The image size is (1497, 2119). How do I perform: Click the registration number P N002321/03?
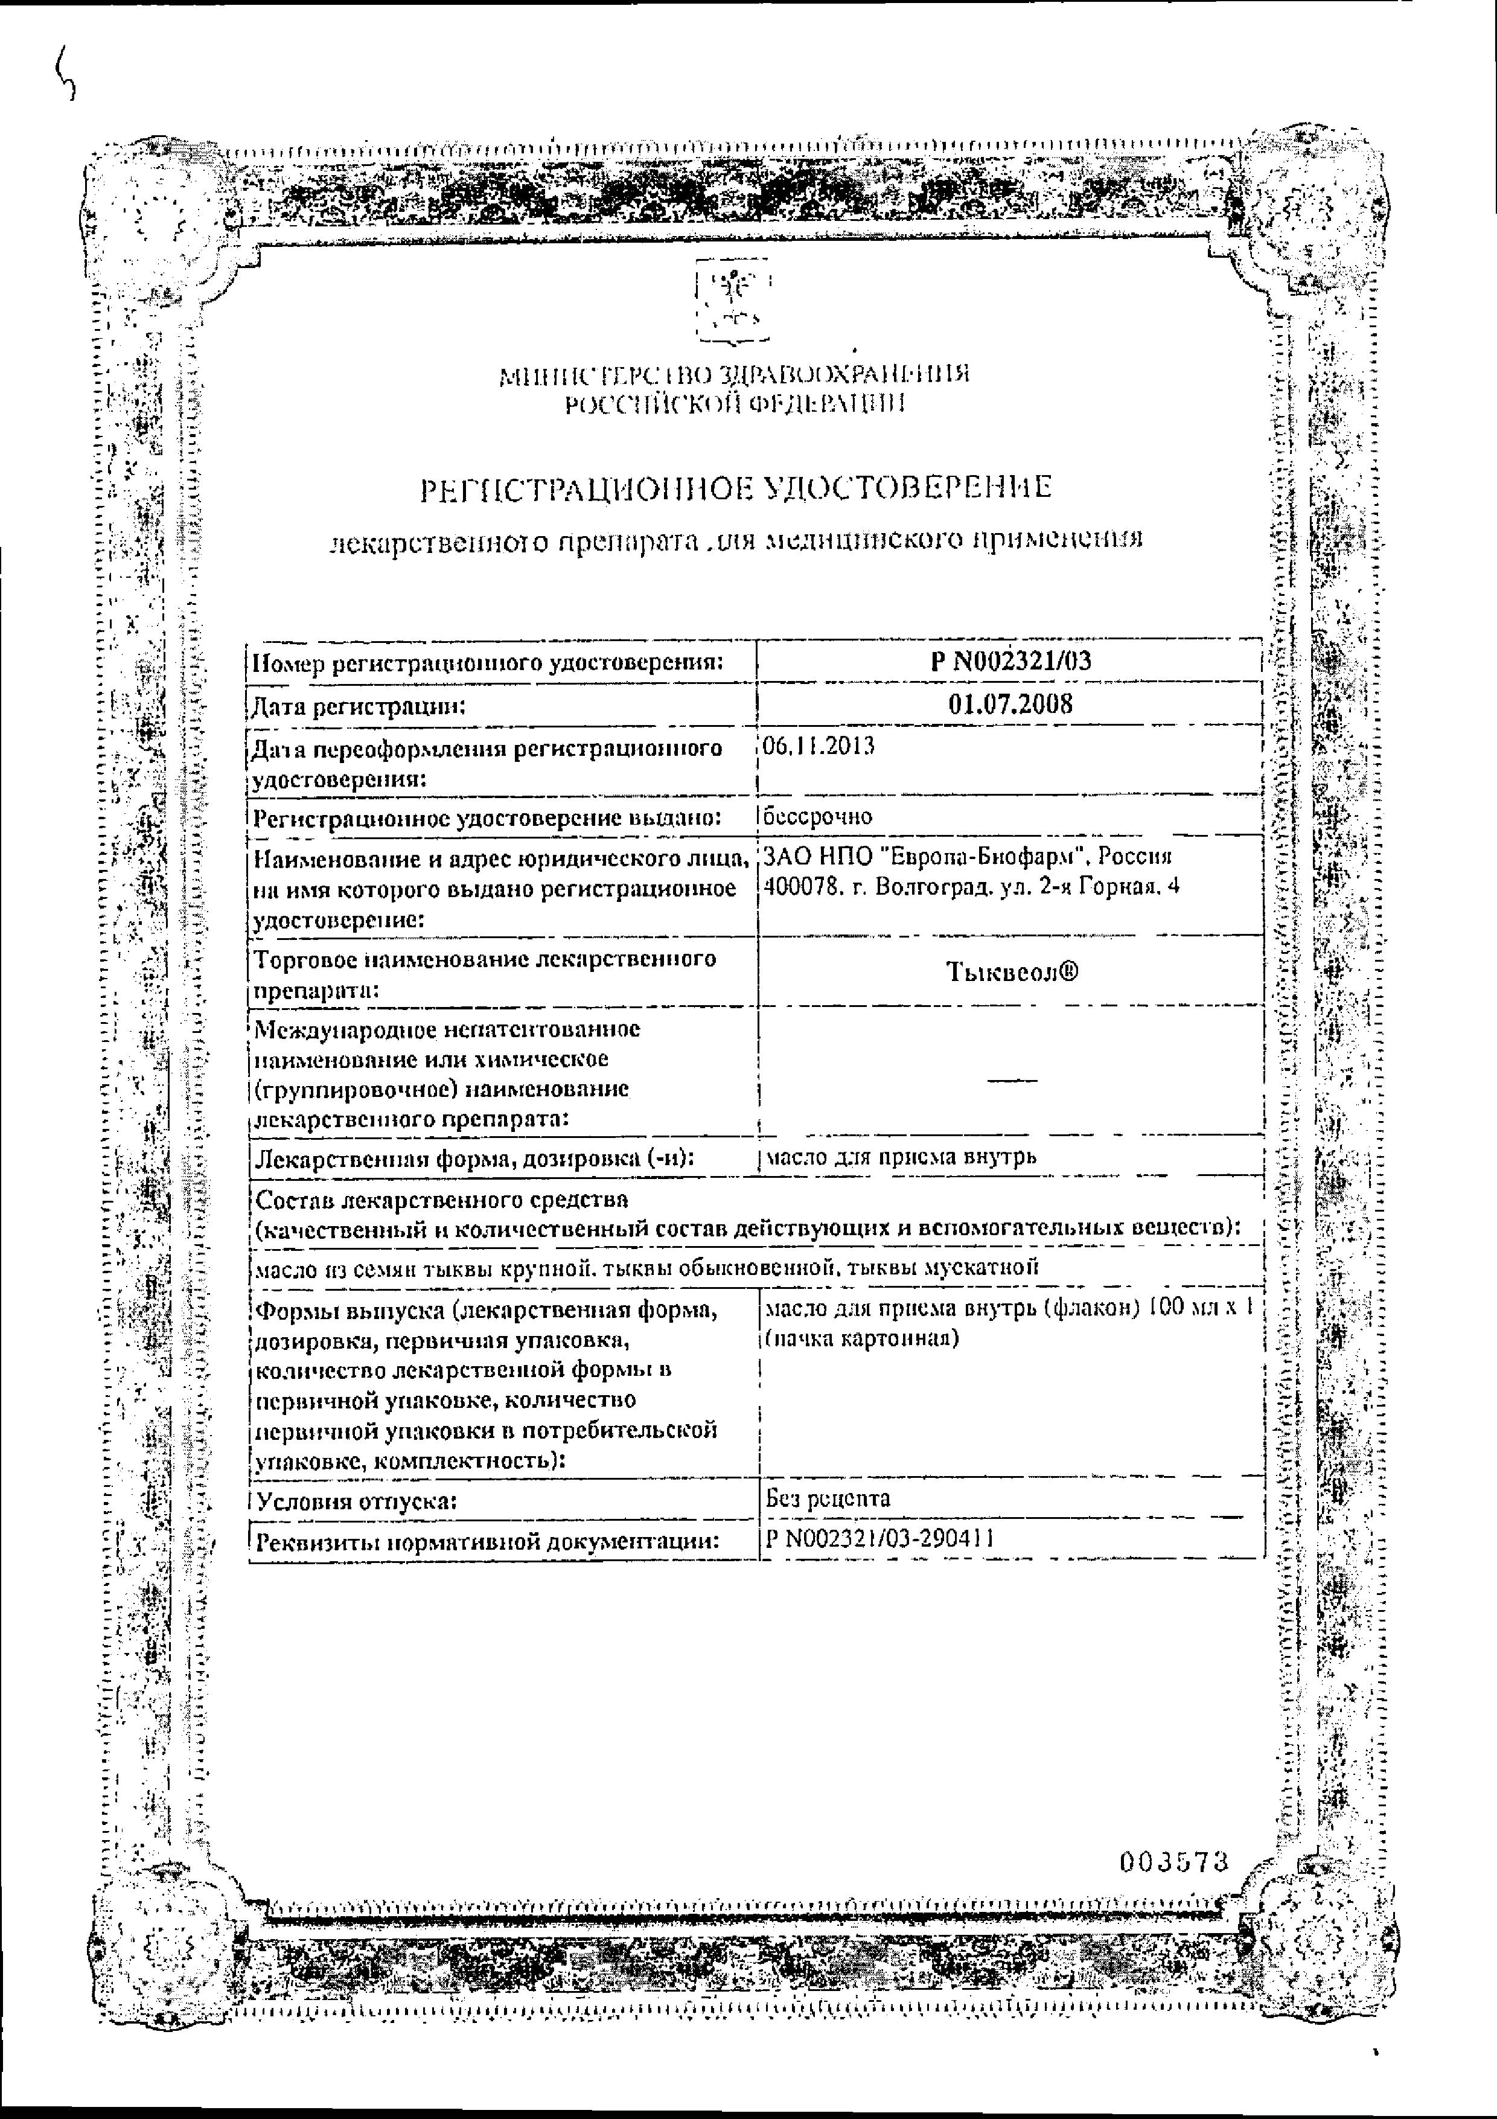click(x=1010, y=661)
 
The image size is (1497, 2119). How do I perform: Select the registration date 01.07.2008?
click(x=1010, y=704)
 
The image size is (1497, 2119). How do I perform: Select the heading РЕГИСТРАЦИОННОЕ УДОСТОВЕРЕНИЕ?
click(x=736, y=487)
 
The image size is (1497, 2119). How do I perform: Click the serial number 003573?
click(x=1174, y=1861)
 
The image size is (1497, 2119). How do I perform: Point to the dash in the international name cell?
click(x=1012, y=1078)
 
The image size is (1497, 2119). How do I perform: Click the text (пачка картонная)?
click(x=861, y=1337)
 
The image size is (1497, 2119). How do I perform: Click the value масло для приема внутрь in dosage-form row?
click(x=901, y=1155)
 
